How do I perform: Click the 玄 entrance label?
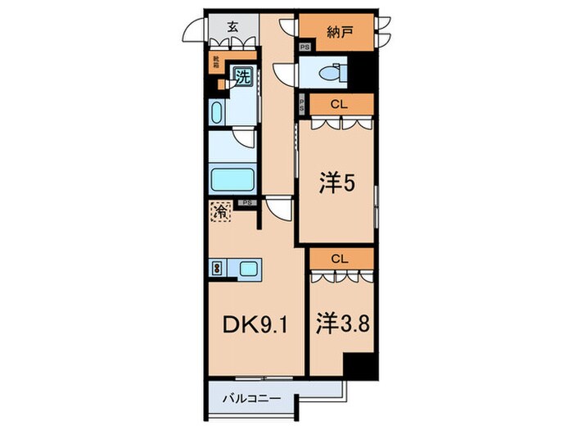point(232,27)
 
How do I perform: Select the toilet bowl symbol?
point(334,70)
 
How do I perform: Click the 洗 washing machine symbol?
point(244,78)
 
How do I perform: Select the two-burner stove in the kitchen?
point(217,267)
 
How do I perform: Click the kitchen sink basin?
point(249,267)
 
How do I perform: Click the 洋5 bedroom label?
point(336,184)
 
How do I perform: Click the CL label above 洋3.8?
point(341,258)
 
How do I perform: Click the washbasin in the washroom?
point(219,111)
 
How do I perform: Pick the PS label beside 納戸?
point(305,48)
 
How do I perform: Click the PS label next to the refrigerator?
point(246,202)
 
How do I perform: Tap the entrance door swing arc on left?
point(193,31)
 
